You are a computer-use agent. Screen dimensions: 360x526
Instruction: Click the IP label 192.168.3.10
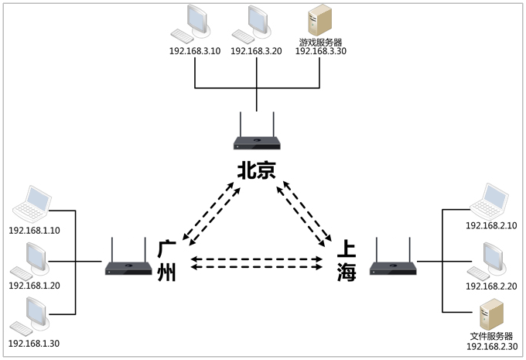coord(193,52)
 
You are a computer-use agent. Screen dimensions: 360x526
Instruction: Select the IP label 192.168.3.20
coord(255,52)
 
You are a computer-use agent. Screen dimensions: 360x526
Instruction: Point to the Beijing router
coord(257,141)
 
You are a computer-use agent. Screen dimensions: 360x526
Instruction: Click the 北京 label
coord(257,170)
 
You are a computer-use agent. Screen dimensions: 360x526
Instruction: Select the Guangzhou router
coord(129,267)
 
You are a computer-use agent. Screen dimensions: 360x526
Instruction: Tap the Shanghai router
coord(393,267)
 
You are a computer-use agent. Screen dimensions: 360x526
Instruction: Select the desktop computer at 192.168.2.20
coord(489,261)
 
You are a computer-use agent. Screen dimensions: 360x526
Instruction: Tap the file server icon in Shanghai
coord(491,314)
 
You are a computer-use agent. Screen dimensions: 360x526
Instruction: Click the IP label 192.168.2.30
coord(492,346)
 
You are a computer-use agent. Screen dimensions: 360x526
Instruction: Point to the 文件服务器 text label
coord(492,336)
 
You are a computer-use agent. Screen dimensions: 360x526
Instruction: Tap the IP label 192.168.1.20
coord(34,286)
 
